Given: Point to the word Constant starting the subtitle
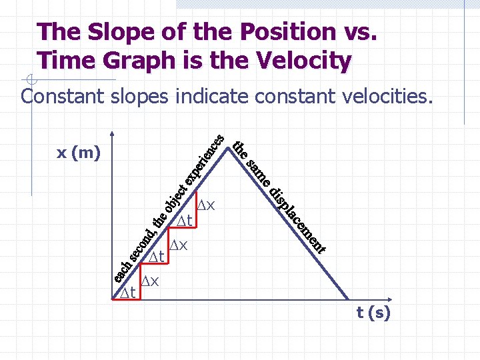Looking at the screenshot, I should [62, 97].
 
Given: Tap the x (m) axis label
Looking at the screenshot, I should [78, 153].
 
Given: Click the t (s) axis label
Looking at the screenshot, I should [373, 313].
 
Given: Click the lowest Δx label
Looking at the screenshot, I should [150, 281].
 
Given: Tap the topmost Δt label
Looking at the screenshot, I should [184, 220].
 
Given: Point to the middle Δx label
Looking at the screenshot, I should [178, 245].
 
